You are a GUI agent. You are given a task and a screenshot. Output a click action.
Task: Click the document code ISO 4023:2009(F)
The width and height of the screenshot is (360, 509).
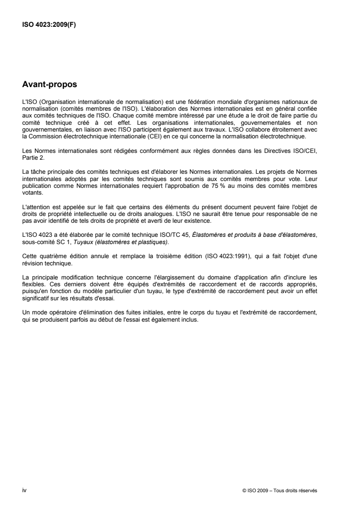[x=49, y=25]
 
